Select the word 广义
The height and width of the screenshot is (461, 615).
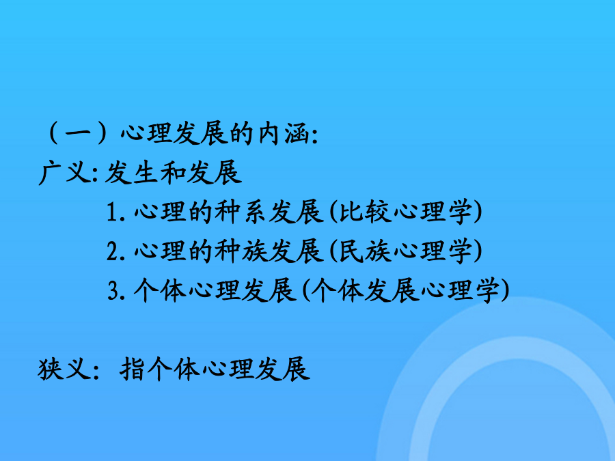click(66, 173)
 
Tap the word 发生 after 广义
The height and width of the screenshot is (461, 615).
click(131, 173)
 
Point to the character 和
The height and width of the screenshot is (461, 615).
click(172, 173)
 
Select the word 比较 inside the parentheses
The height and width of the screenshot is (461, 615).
click(365, 212)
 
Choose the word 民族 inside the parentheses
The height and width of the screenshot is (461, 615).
click(365, 251)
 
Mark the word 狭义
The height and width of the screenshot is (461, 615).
click(65, 369)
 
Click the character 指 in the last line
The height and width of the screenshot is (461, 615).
click(132, 369)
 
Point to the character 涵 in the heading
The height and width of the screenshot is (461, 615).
click(298, 134)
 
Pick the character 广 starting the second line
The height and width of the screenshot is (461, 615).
click(51, 173)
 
